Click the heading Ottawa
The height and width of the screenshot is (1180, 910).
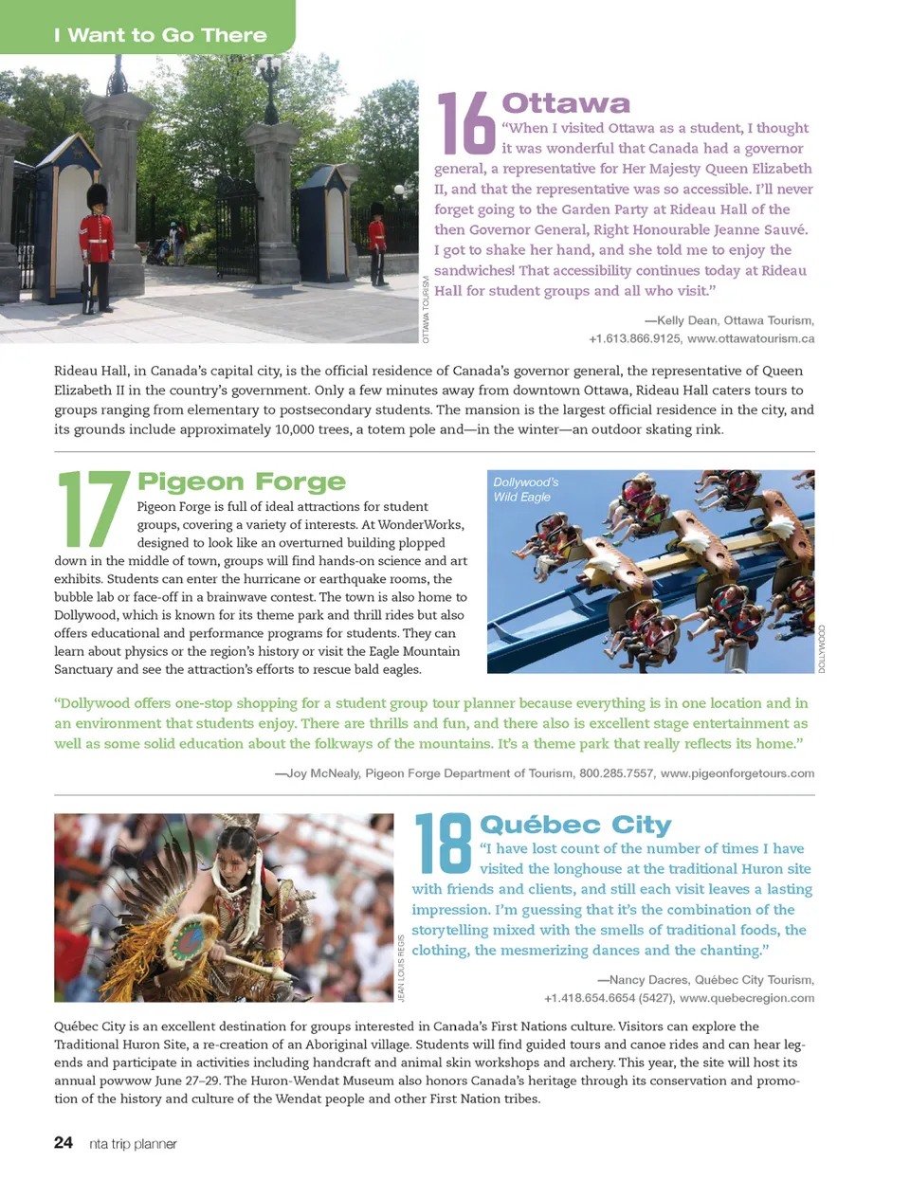point(566,102)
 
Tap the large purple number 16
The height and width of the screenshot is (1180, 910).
point(465,123)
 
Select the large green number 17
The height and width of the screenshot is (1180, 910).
point(93,509)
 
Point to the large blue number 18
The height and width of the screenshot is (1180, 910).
point(443,843)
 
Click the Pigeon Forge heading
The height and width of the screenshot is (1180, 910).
point(242,482)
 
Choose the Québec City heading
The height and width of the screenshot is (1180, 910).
point(575,825)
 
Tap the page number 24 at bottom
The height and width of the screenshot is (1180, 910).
point(64,1143)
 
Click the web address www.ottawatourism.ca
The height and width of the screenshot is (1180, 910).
point(751,338)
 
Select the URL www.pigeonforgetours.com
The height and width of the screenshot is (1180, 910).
point(737,773)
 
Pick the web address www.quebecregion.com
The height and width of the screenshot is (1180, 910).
point(747,998)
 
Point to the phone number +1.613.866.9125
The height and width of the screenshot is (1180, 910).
point(634,338)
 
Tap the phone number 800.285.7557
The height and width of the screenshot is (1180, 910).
point(616,773)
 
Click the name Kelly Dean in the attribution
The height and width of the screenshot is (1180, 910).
point(686,320)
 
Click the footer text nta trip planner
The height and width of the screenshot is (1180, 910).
point(133,1144)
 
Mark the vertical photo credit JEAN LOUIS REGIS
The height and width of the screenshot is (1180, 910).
point(402,968)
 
